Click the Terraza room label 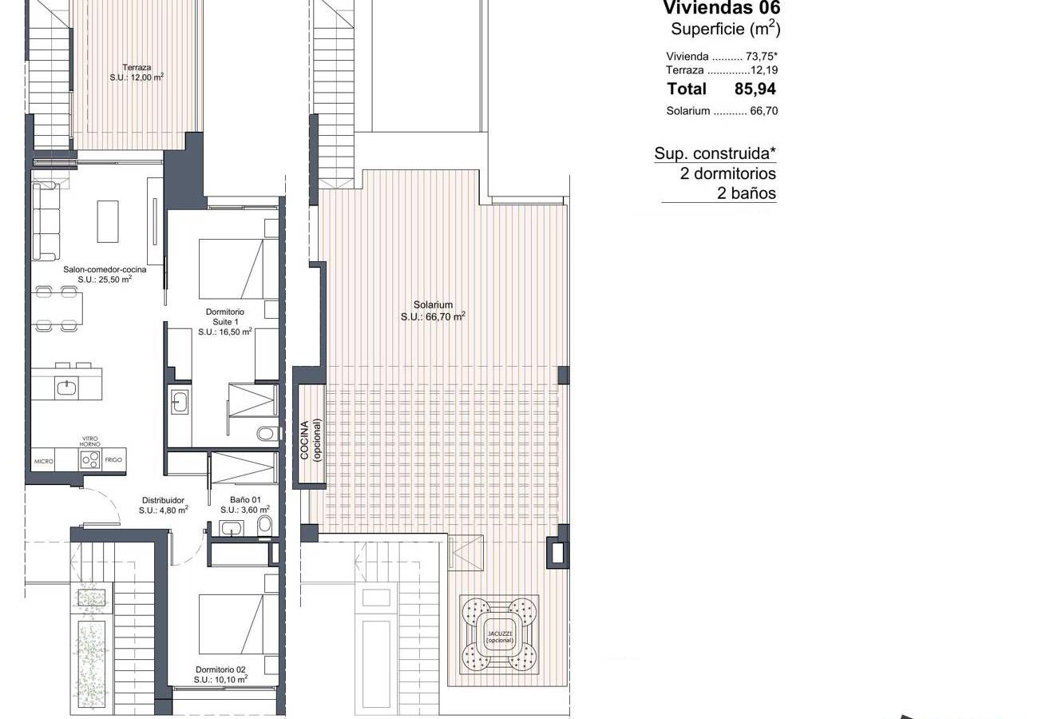pyautogui.click(x=137, y=67)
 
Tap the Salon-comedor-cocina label pyautogui.click(x=105, y=269)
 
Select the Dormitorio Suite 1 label pyautogui.click(x=224, y=316)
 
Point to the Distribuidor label pyautogui.click(x=163, y=500)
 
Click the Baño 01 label pyautogui.click(x=245, y=500)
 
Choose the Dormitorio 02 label pyautogui.click(x=220, y=669)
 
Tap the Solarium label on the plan pyautogui.click(x=433, y=304)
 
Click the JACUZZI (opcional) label pyautogui.click(x=500, y=637)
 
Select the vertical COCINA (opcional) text pyautogui.click(x=311, y=440)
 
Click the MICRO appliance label pyautogui.click(x=44, y=461)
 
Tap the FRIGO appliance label pyautogui.click(x=113, y=460)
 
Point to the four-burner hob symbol pyautogui.click(x=90, y=459)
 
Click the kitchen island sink pyautogui.click(x=67, y=387)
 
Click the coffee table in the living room pyautogui.click(x=108, y=221)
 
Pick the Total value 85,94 pyautogui.click(x=755, y=89)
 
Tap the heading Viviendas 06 pyautogui.click(x=722, y=8)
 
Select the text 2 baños pyautogui.click(x=746, y=193)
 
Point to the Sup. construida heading pyautogui.click(x=715, y=153)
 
